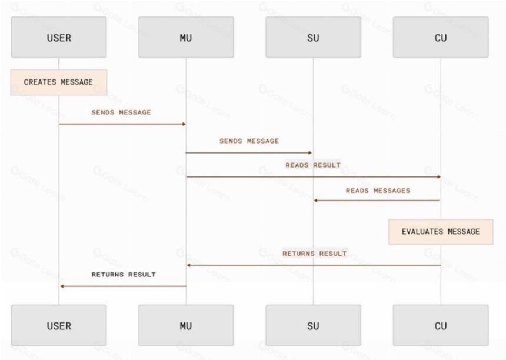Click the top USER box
point(59,38)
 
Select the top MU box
point(186,38)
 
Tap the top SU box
point(314,38)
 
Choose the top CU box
point(441,38)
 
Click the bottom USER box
point(59,325)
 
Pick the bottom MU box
point(186,325)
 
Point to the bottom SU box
point(314,325)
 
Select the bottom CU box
point(441,325)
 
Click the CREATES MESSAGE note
point(59,82)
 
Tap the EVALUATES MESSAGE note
point(441,232)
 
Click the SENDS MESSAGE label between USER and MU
point(121,112)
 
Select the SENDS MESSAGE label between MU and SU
point(249,141)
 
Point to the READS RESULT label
point(313,165)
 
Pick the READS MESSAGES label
point(378,191)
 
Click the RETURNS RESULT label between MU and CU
point(315,254)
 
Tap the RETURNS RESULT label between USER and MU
point(124,275)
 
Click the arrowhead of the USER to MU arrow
point(184,124)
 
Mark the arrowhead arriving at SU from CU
point(316,201)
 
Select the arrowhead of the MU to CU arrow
point(438,177)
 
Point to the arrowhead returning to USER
point(62,286)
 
